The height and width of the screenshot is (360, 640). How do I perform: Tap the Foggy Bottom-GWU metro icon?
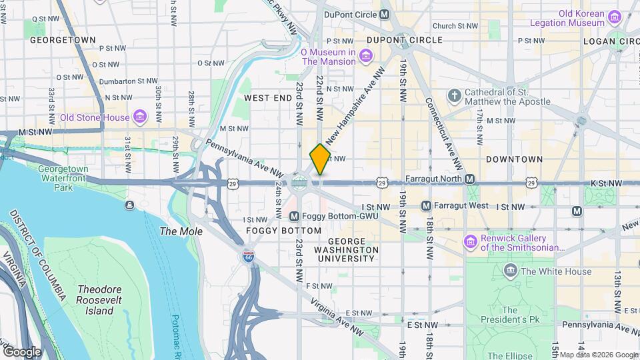pyautogui.click(x=295, y=216)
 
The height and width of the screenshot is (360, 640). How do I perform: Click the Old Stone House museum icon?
pyautogui.click(x=139, y=118)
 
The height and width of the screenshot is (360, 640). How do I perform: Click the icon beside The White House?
pyautogui.click(x=511, y=271)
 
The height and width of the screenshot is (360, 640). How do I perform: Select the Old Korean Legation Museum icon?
pyautogui.click(x=615, y=18)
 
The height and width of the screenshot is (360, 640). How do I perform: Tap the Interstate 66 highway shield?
pyautogui.click(x=248, y=258)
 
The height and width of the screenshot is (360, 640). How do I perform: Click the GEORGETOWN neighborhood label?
pyautogui.click(x=63, y=40)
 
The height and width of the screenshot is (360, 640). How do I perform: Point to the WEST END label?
pyautogui.click(x=268, y=98)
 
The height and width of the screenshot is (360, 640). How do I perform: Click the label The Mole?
pyautogui.click(x=177, y=231)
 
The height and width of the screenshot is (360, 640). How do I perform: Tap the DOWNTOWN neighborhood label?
pyautogui.click(x=514, y=159)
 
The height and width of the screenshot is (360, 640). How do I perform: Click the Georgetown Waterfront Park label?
pyautogui.click(x=64, y=179)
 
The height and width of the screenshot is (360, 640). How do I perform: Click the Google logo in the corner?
pyautogui.click(x=22, y=351)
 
